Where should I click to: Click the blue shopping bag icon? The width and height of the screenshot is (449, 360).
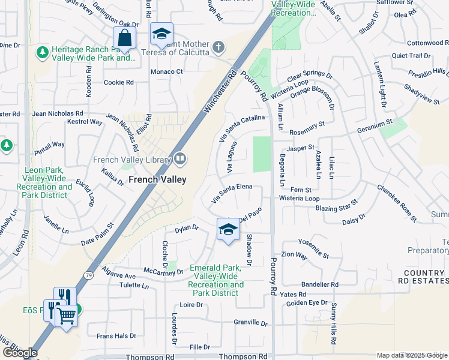coord(124,38)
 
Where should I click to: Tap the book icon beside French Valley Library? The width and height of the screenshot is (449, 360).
coord(180,159)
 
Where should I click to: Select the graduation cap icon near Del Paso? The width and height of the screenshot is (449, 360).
coord(228,230)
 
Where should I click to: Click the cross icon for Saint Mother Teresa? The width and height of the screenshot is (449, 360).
coord(219,47)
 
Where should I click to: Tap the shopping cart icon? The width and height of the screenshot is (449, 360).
coord(66,314)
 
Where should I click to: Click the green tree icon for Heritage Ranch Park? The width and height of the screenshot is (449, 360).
coord(43,52)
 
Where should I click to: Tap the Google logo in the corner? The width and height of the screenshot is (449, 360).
coord(19,353)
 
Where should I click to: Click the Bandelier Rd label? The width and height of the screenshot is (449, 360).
coord(320,284)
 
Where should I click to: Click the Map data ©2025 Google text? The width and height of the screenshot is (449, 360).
coord(412,355)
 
